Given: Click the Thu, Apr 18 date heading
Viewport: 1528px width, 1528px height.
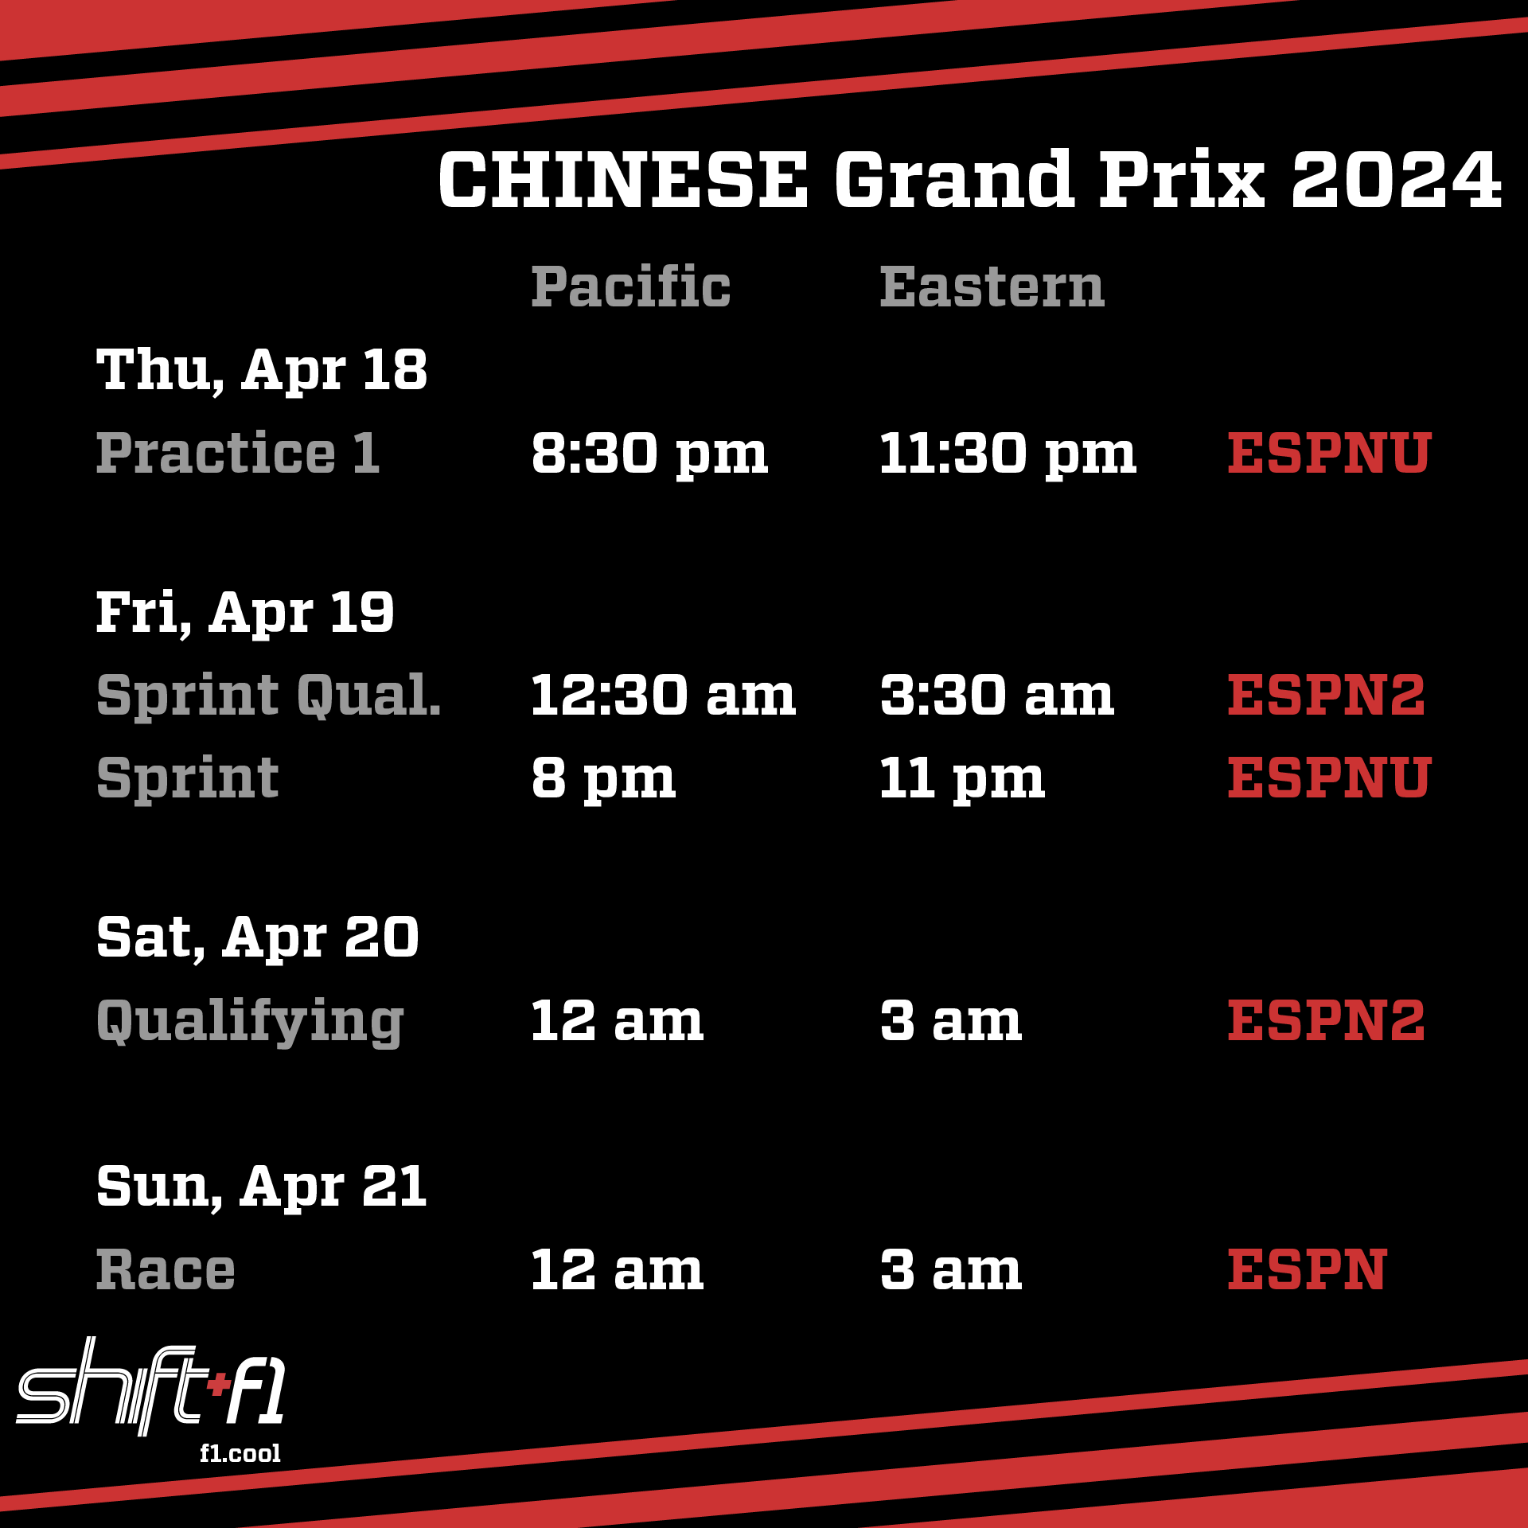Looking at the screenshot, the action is point(262,371).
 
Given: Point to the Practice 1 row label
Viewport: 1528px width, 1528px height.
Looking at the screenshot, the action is point(238,453).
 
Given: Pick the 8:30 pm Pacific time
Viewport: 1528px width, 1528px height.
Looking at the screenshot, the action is point(649,455).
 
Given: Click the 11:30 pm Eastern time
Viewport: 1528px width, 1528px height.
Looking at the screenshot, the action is point(1008,455).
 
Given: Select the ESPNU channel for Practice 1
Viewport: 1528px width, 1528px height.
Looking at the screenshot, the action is point(1330,454).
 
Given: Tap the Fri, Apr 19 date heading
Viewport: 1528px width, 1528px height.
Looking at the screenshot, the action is point(245,613).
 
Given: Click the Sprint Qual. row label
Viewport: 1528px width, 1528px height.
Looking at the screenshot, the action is point(269,696).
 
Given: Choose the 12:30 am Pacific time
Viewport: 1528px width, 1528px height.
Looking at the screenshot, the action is point(664,696).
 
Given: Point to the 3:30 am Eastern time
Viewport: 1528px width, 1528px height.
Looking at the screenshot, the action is point(997,696).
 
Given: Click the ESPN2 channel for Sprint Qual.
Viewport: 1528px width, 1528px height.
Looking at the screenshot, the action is point(1327,696).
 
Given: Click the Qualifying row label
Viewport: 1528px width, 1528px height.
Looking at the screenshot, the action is point(251,1022).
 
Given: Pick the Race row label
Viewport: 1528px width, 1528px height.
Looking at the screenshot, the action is point(166,1269).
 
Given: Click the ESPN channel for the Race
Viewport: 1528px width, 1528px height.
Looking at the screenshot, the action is point(1308,1269).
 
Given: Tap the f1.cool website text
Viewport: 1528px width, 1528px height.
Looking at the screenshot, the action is point(240,1453).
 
